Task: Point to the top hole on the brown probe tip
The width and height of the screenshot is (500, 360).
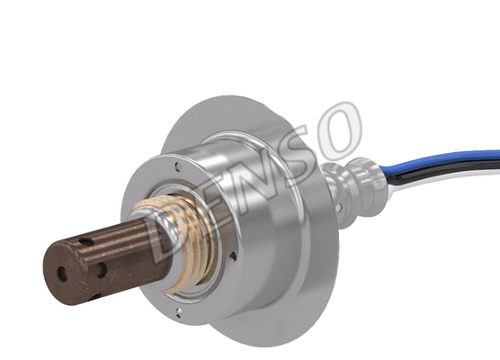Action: click(85, 241)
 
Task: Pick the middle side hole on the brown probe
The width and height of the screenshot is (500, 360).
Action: click(101, 268)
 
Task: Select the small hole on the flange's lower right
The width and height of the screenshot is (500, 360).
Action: click(235, 256)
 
